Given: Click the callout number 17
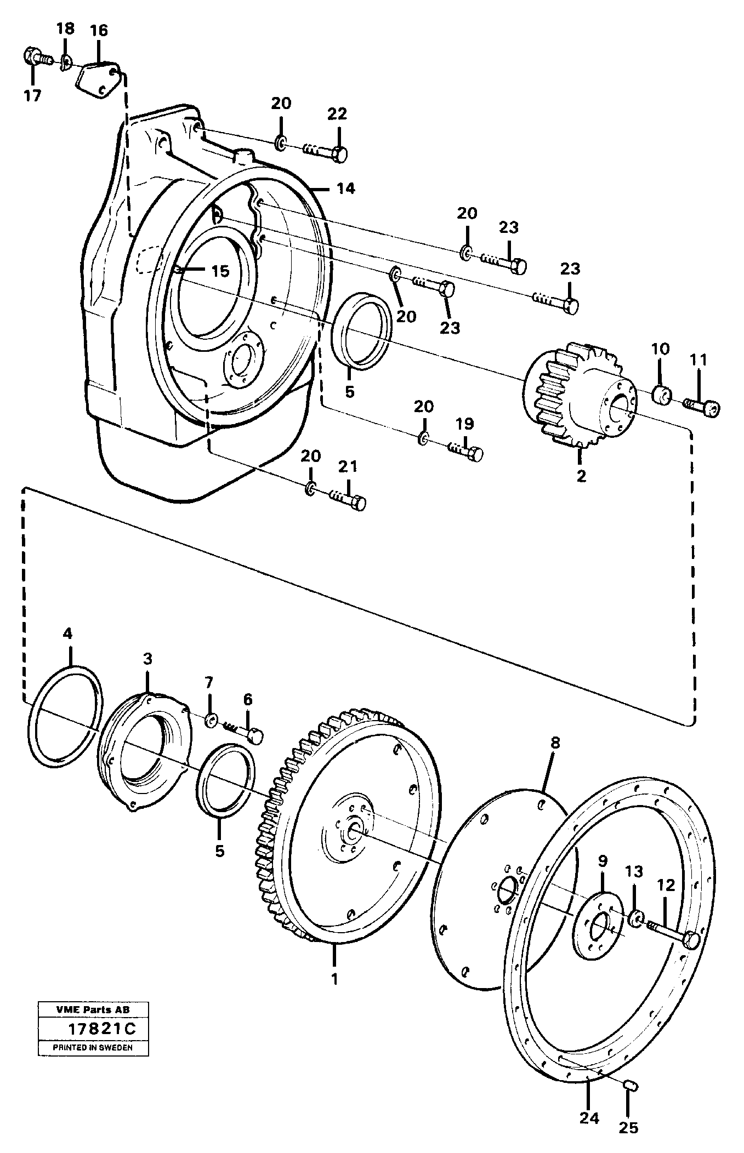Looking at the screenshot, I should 32,96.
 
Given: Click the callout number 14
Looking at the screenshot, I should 346,189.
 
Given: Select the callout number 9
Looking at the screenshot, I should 603,861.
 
